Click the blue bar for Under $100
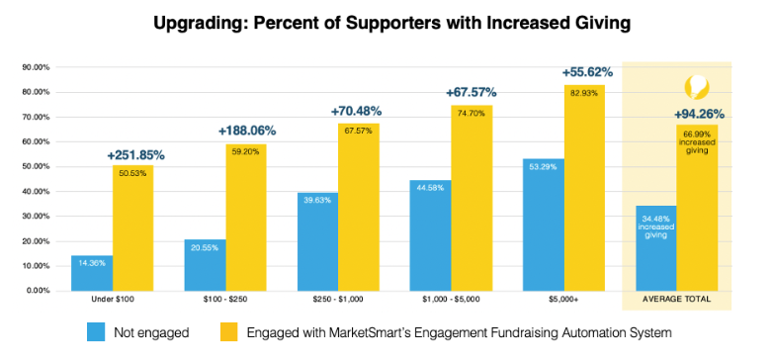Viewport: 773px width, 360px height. click(92, 273)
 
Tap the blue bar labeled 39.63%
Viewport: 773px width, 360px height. click(318, 241)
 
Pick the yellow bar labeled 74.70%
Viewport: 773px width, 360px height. click(472, 198)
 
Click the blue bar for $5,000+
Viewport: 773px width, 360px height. click(544, 225)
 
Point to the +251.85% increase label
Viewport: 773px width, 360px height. click(136, 155)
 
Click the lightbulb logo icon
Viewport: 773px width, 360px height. click(696, 88)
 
